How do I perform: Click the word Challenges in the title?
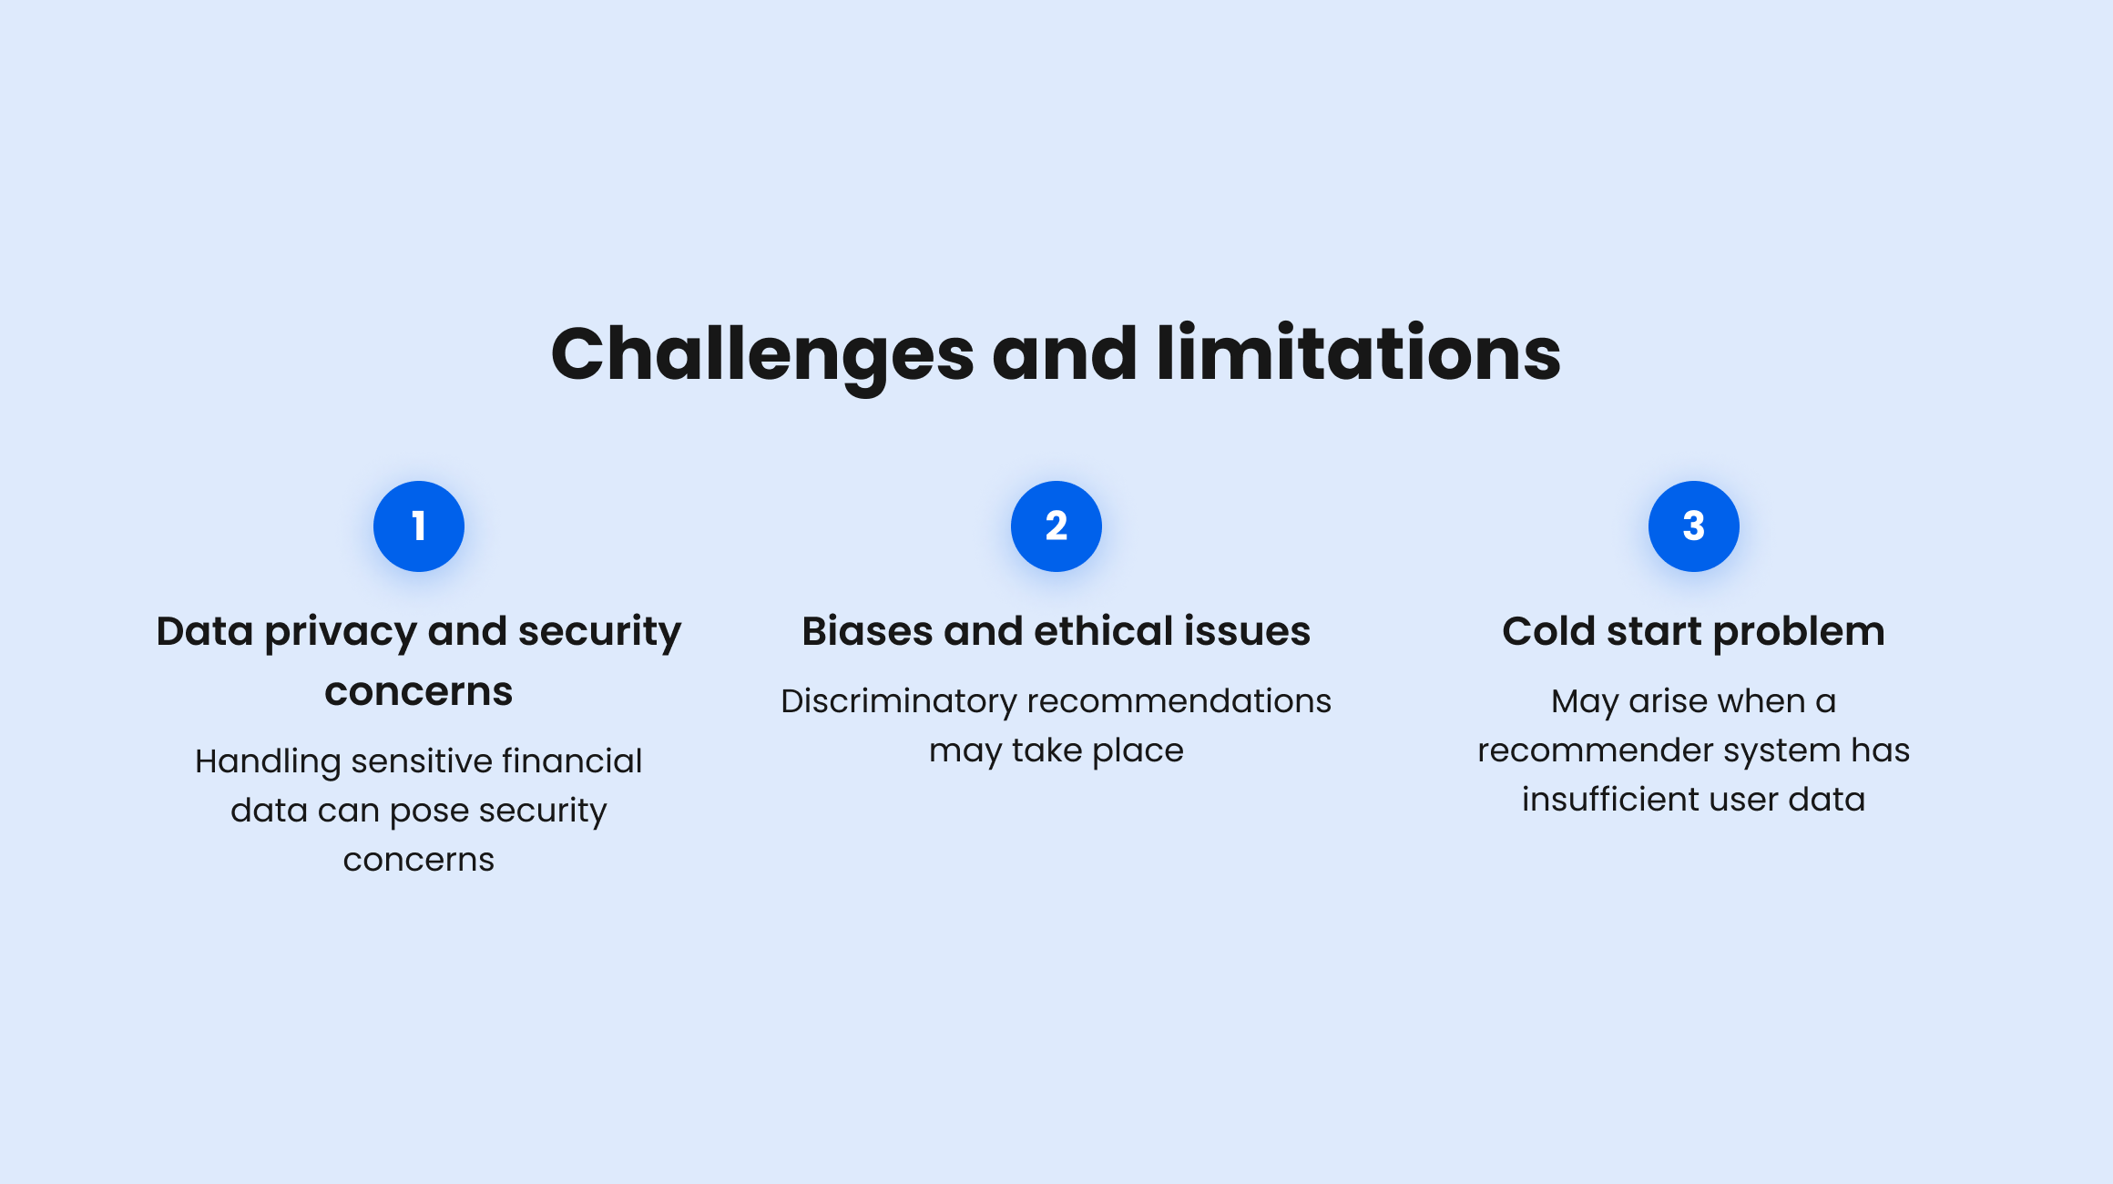pyautogui.click(x=763, y=355)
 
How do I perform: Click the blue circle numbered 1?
pyautogui.click(x=419, y=526)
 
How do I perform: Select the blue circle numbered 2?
pyautogui.click(x=1056, y=526)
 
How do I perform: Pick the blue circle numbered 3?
pyautogui.click(x=1694, y=526)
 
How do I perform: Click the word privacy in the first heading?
pyautogui.click(x=341, y=633)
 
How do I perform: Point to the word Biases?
pyautogui.click(x=867, y=631)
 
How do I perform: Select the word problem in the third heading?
pyautogui.click(x=1799, y=633)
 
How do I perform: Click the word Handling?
pyautogui.click(x=268, y=762)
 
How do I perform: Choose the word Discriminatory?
pyautogui.click(x=899, y=701)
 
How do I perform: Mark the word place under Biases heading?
pyautogui.click(x=1138, y=751)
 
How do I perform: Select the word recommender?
pyautogui.click(x=1595, y=751)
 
